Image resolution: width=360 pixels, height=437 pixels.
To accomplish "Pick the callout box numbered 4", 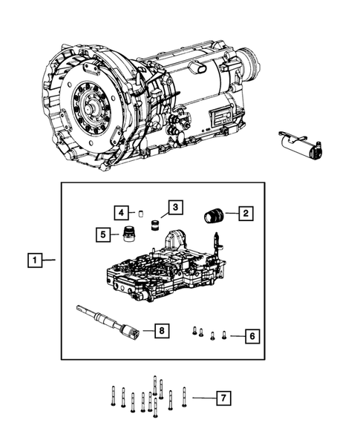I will click(x=121, y=213).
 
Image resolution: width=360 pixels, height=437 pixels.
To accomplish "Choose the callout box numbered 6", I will click(x=252, y=336).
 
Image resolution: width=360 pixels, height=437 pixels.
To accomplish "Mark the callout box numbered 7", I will click(x=221, y=398).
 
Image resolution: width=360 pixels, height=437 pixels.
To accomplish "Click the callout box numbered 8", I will click(x=162, y=330).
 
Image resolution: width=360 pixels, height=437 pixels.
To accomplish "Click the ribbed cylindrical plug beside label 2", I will click(x=214, y=214).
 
